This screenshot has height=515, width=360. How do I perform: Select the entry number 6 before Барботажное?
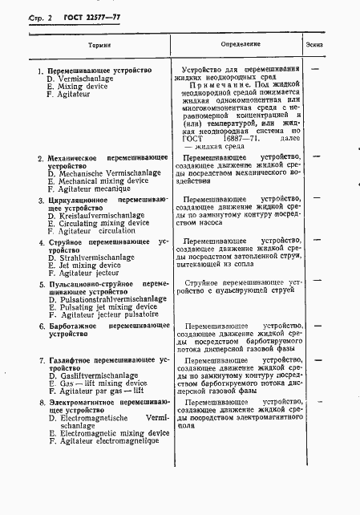pos(42,326)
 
